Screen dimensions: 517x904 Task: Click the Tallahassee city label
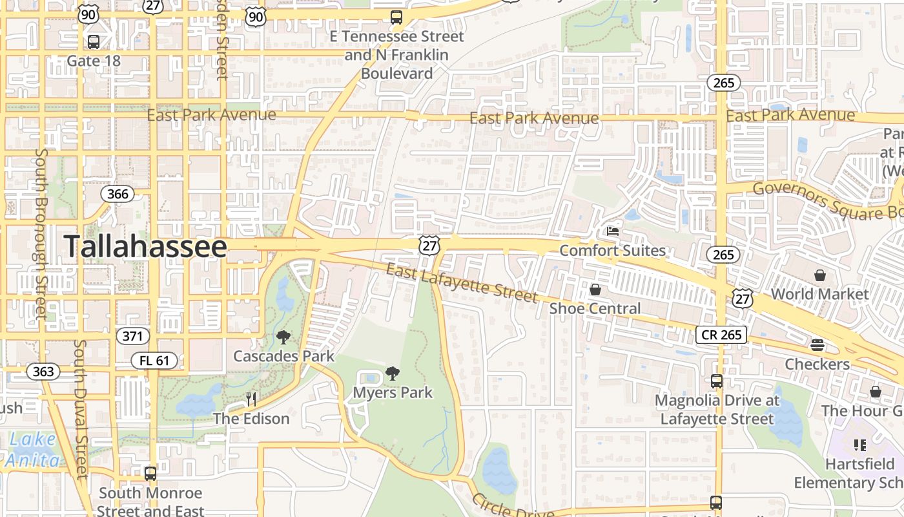pos(145,247)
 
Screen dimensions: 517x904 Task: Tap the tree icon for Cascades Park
pos(283,337)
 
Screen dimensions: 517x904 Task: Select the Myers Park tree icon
pos(392,373)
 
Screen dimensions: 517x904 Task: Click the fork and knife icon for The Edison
pos(251,399)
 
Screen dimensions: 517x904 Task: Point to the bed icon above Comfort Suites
pos(612,231)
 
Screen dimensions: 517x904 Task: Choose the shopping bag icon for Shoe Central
pos(595,290)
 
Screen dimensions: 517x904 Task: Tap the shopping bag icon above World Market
pos(819,275)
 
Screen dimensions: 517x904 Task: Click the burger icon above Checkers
pos(817,345)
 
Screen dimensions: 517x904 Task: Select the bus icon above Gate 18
pos(94,42)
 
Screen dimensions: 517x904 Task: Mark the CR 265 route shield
pos(721,334)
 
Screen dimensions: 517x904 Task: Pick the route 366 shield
pos(118,194)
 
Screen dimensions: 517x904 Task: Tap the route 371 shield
pos(133,336)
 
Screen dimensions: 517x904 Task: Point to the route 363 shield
pos(43,372)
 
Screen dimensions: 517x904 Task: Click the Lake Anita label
pos(32,450)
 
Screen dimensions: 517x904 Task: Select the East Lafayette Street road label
pos(462,282)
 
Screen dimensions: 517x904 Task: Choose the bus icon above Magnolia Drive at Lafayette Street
pos(716,381)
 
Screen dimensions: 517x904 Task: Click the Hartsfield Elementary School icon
pos(859,445)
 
